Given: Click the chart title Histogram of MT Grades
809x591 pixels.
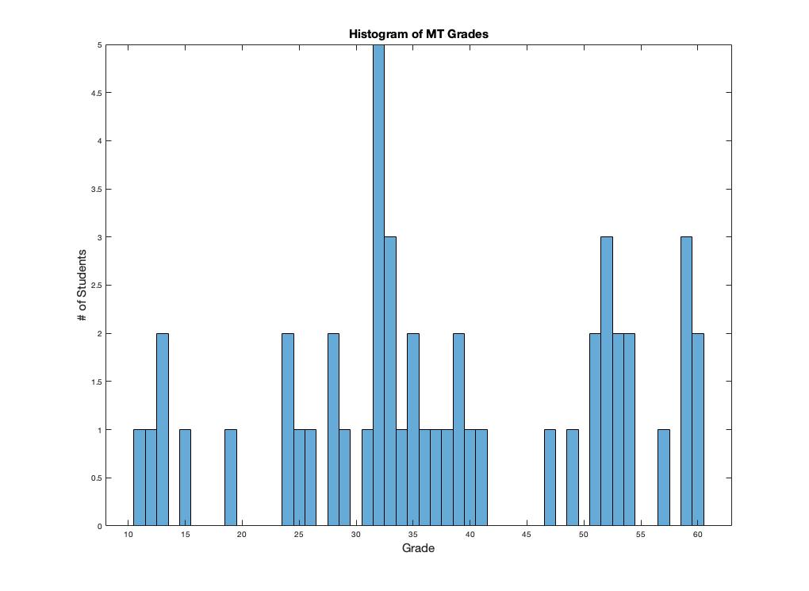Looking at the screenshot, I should (418, 34).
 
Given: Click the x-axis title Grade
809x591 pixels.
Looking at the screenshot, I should (418, 548).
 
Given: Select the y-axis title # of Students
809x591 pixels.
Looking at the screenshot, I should (82, 286).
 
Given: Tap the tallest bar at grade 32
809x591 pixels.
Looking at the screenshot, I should (378, 286).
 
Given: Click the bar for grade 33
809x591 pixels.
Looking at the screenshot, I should (390, 381).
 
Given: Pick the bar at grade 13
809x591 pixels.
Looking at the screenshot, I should (163, 429).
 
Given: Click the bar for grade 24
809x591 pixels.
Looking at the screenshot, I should (288, 429).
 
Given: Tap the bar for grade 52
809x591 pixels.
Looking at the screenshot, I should (607, 381).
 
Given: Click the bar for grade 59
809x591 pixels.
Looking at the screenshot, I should (686, 381).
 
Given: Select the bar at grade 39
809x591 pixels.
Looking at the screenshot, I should (458, 429).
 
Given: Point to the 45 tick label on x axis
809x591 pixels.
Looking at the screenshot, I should (527, 535).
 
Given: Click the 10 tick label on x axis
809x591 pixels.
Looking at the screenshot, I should (128, 535).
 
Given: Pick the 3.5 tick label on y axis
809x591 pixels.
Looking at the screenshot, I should (95, 190).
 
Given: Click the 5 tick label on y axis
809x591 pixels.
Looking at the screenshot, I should (99, 45).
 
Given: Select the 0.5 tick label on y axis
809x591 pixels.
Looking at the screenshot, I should (95, 478).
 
